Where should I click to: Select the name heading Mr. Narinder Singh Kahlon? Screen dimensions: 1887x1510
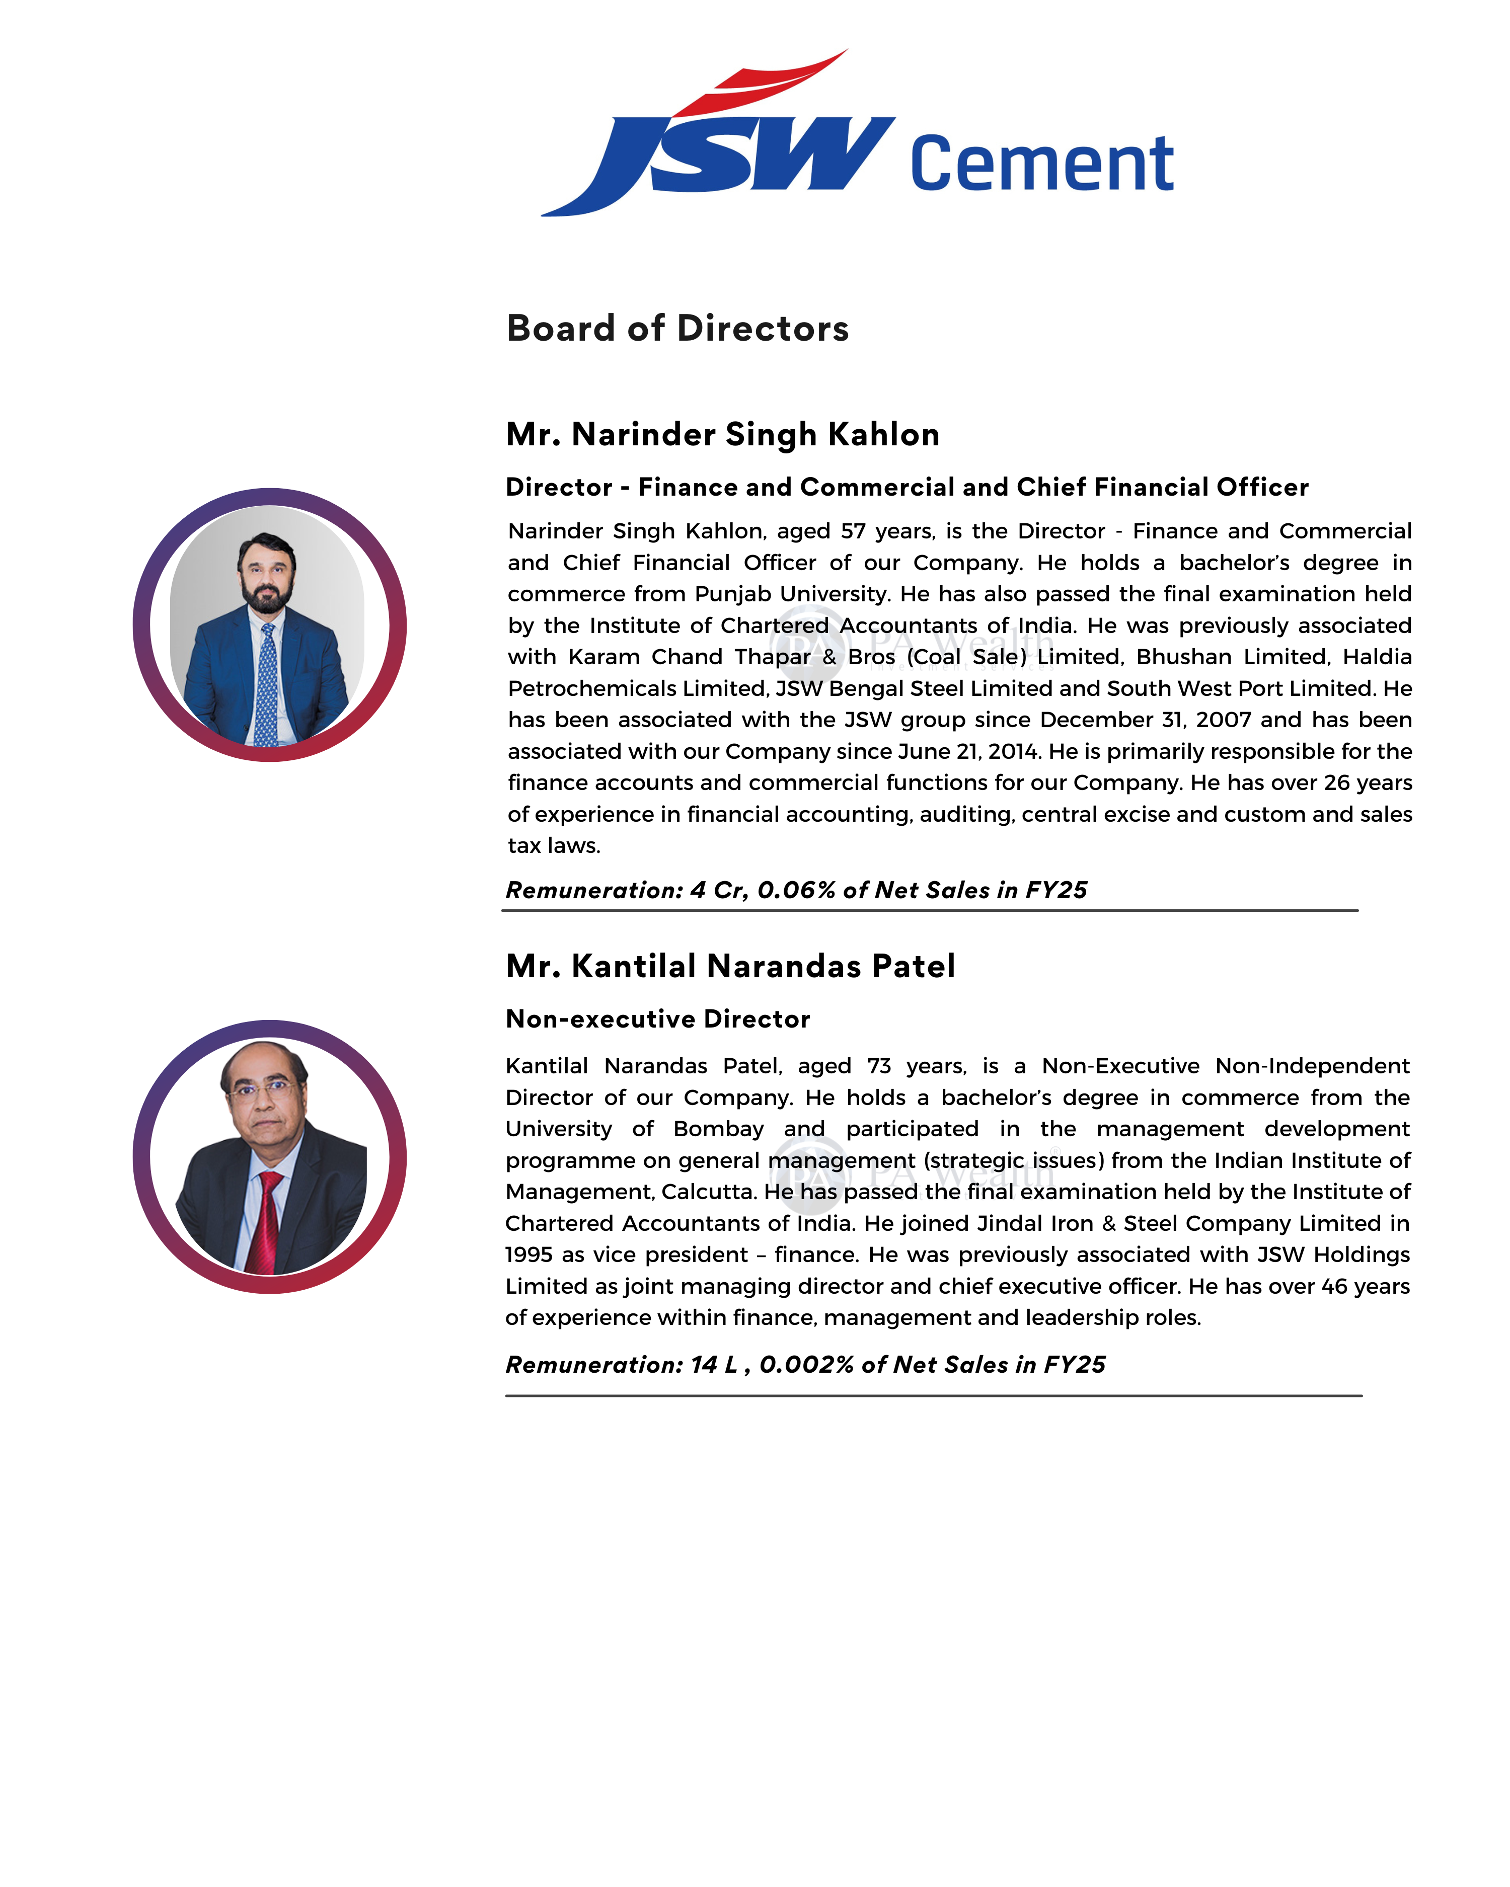click(x=722, y=434)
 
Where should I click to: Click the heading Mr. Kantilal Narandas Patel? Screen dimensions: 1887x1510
click(x=730, y=966)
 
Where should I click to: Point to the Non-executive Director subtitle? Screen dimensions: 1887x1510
click(x=657, y=1019)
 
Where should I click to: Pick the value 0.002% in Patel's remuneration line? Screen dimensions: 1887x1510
click(x=805, y=1365)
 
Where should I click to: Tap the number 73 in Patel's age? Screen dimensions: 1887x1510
click(x=879, y=1066)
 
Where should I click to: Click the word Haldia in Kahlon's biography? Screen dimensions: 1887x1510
click(x=1377, y=657)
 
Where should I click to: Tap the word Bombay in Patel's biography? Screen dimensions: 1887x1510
click(x=718, y=1129)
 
